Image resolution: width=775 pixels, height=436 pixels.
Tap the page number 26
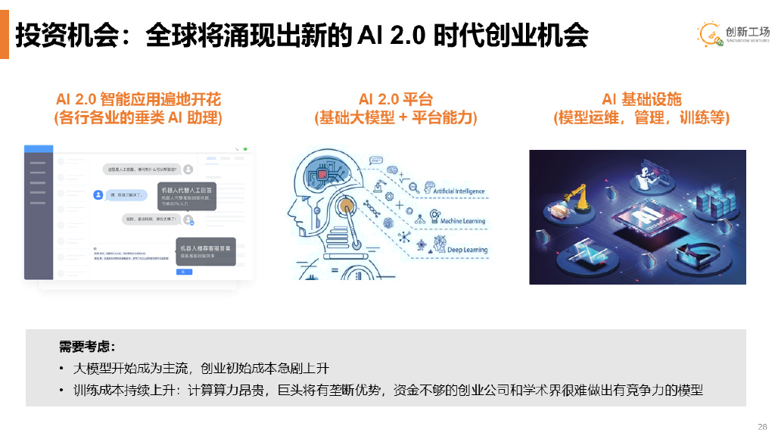pyautogui.click(x=762, y=426)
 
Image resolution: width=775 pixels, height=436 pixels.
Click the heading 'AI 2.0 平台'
pyautogui.click(x=395, y=99)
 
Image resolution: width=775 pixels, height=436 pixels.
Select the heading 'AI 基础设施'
pyautogui.click(x=641, y=99)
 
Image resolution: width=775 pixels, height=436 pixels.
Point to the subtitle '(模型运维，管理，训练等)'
pyautogui.click(x=641, y=118)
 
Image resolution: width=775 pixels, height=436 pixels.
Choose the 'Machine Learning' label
pyautogui.click(x=462, y=221)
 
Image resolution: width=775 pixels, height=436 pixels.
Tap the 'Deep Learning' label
pyautogui.click(x=467, y=249)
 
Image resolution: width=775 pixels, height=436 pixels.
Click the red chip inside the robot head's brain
pyautogui.click(x=322, y=175)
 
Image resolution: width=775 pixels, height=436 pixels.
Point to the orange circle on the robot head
pyautogui.click(x=346, y=206)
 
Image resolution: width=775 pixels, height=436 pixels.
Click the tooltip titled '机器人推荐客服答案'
pyautogui.click(x=205, y=251)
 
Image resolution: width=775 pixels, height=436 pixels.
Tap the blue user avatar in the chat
pyautogui.click(x=98, y=195)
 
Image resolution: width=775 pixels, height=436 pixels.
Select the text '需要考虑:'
pyautogui.click(x=87, y=347)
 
